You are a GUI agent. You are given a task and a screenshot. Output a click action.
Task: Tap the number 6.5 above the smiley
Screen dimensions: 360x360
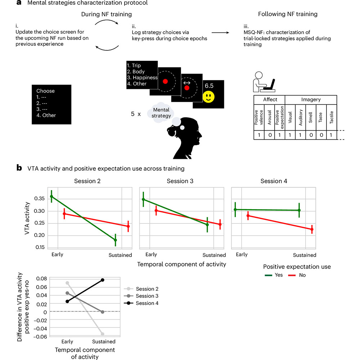click(209, 86)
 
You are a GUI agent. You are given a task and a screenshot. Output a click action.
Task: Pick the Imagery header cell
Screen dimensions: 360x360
click(310, 99)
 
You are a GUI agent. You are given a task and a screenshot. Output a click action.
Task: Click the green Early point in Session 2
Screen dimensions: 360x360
click(51, 196)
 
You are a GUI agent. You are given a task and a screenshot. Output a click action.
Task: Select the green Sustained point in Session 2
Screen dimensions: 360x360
click(115, 240)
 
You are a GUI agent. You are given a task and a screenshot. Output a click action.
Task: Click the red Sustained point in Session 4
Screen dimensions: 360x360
click(312, 229)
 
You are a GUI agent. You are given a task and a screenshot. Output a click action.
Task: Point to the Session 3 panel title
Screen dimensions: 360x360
click(180, 181)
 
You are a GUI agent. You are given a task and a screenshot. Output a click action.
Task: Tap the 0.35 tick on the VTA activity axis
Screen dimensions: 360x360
click(37, 199)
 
